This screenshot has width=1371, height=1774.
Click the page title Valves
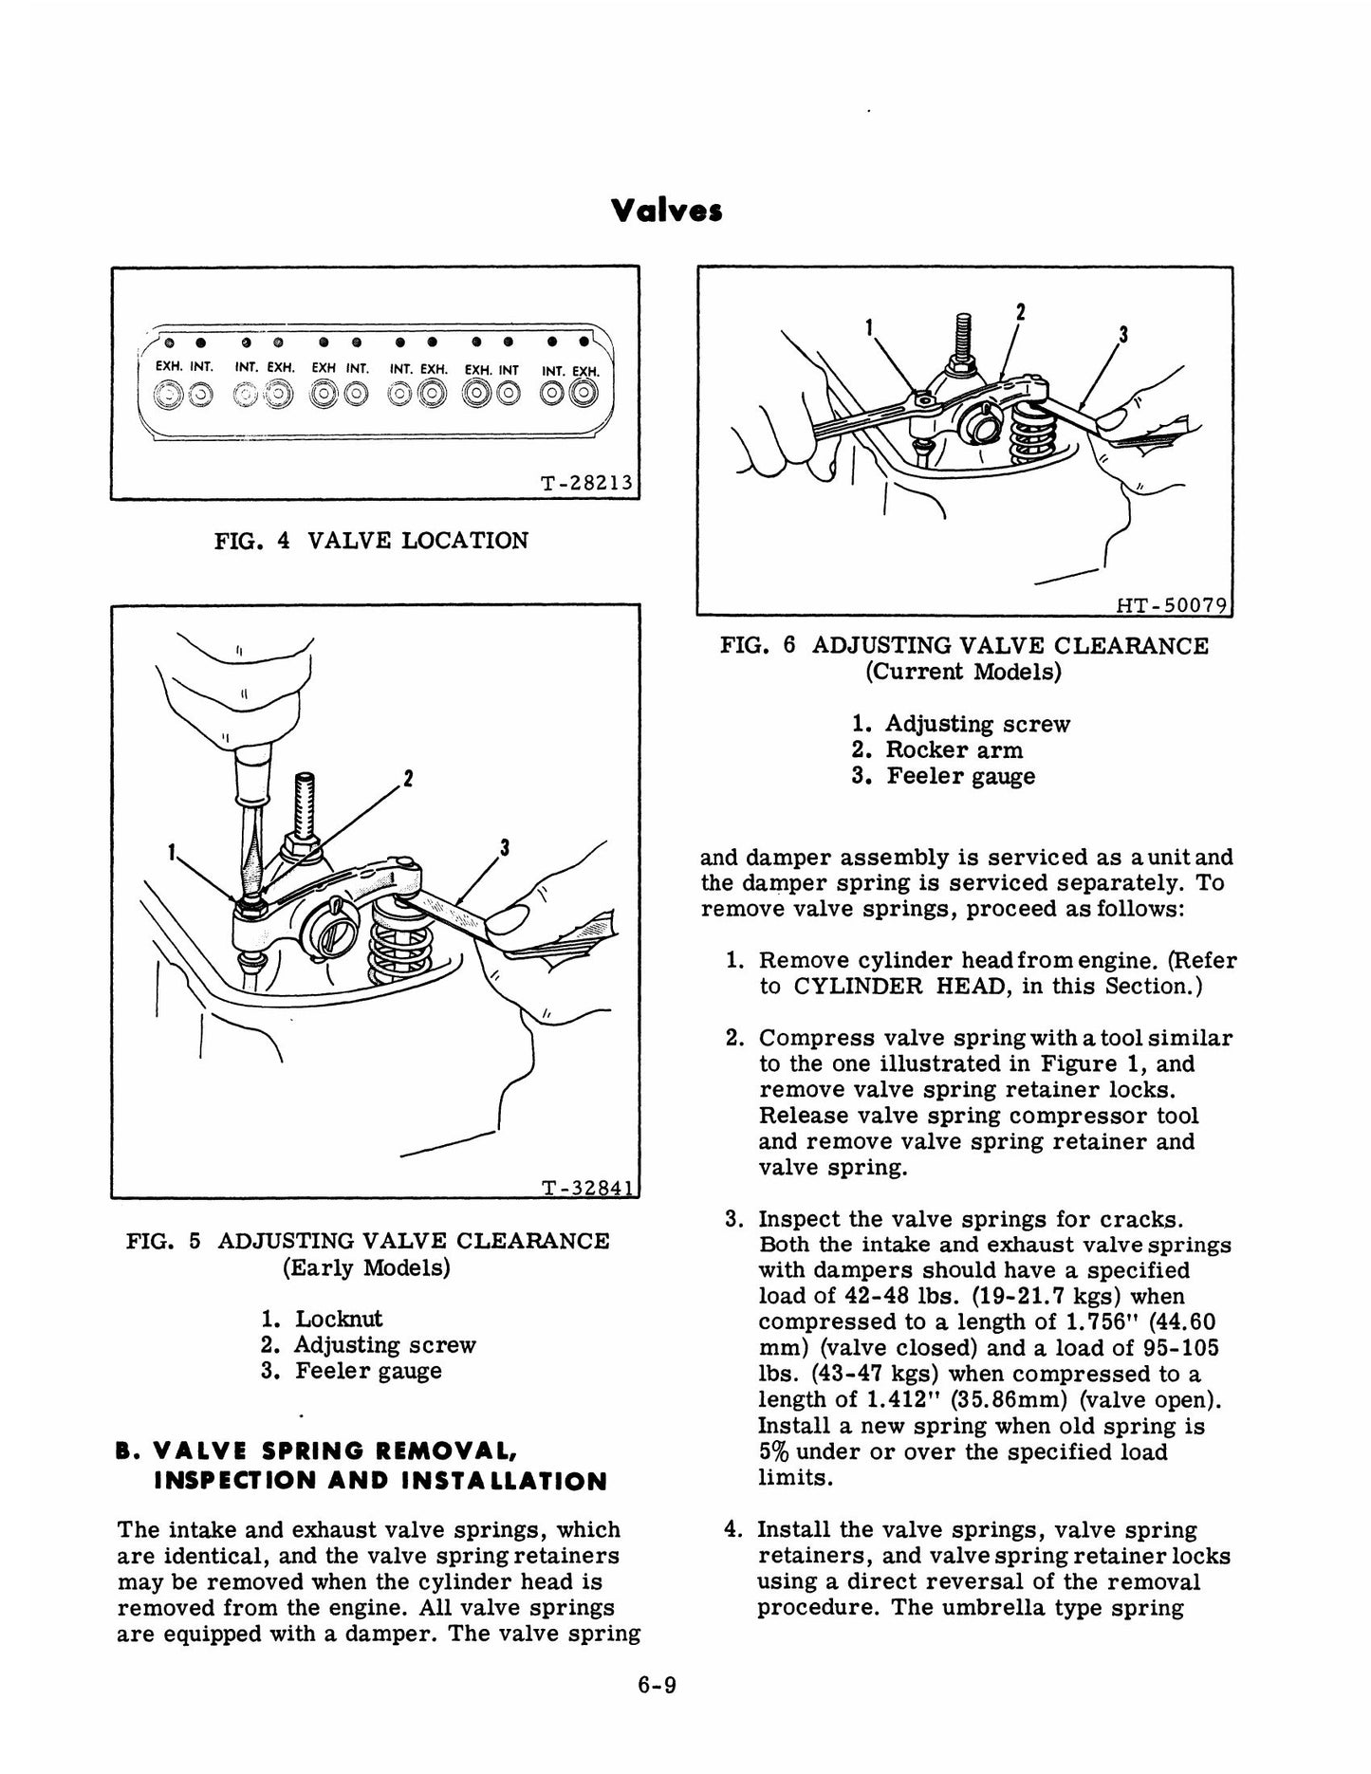click(667, 211)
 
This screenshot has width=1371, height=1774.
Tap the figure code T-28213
click(585, 483)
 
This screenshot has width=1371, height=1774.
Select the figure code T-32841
click(585, 1189)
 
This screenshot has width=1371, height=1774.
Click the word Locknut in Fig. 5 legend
click(339, 1319)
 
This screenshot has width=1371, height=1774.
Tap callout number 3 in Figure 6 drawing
click(1123, 334)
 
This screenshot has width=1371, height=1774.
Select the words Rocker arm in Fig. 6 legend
click(954, 750)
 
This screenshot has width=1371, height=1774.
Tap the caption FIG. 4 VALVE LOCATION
click(371, 541)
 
